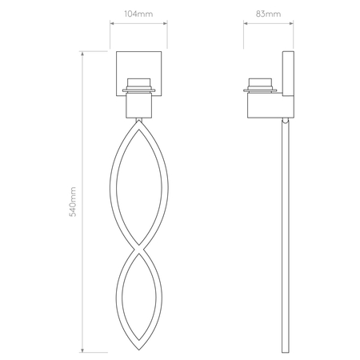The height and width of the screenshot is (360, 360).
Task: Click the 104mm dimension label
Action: click(138, 14)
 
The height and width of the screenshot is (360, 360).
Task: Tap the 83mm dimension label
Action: click(268, 14)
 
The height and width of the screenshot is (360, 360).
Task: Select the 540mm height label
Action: click(73, 202)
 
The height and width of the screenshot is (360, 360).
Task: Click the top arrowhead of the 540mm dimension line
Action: click(82, 54)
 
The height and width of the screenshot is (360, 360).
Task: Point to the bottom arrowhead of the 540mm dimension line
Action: click(82, 350)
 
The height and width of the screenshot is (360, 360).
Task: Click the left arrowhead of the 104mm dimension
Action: click(112, 23)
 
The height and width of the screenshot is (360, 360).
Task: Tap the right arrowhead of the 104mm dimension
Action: click(165, 23)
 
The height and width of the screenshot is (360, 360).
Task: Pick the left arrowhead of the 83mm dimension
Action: click(246, 23)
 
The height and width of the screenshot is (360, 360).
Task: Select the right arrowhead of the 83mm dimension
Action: click(291, 23)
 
